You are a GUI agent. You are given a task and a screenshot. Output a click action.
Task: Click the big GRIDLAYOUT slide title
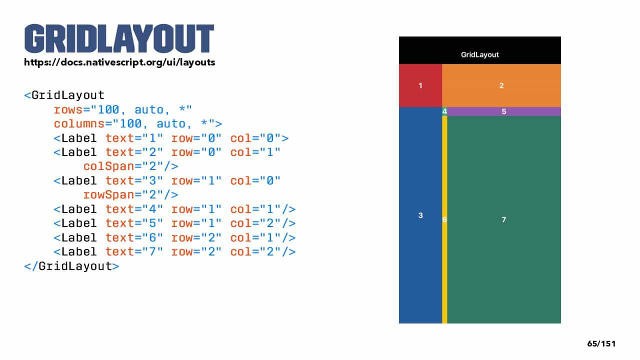pyautogui.click(x=119, y=38)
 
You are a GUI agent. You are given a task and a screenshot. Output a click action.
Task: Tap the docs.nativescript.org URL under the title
pyautogui.click(x=119, y=62)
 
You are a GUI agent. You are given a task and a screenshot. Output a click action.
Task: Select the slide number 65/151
pyautogui.click(x=601, y=343)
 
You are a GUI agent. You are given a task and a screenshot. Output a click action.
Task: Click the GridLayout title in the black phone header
pyautogui.click(x=479, y=54)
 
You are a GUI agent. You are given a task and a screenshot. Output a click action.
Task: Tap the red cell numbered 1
pyautogui.click(x=420, y=85)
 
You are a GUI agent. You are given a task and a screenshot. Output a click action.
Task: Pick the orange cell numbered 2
pyautogui.click(x=501, y=85)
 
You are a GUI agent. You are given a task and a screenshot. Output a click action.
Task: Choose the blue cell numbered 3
pyautogui.click(x=420, y=215)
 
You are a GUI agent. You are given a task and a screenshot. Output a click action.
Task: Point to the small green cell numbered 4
pyautogui.click(x=444, y=111)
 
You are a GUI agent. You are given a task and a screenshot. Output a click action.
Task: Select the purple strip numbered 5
pyautogui.click(x=504, y=111)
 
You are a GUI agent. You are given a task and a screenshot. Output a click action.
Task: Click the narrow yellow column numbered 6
pyautogui.click(x=444, y=219)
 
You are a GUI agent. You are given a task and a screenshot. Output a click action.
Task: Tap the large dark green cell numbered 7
pyautogui.click(x=504, y=219)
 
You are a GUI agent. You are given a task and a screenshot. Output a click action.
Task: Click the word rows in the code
pyautogui.click(x=68, y=109)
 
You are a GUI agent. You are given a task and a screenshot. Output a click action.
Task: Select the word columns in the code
pyautogui.click(x=79, y=124)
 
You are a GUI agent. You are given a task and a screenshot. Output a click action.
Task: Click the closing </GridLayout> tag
pyautogui.click(x=71, y=266)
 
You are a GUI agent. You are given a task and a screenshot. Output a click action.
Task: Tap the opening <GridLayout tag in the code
pyautogui.click(x=64, y=95)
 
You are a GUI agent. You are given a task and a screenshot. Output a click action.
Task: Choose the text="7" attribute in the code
pyautogui.click(x=134, y=251)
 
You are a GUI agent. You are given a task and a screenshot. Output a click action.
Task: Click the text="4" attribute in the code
pyautogui.click(x=134, y=209)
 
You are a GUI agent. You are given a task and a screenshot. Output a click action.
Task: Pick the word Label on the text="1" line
pyautogui.click(x=79, y=138)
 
